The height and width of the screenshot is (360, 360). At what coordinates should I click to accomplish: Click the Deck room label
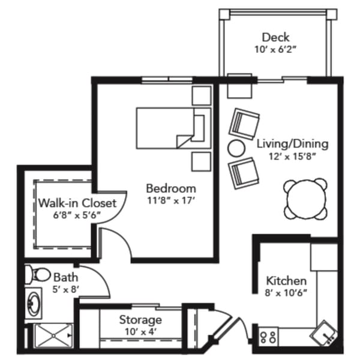click(275, 38)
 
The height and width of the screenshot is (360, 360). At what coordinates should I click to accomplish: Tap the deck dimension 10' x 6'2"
click(275, 50)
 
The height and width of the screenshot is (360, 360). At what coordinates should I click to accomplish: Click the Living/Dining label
click(292, 144)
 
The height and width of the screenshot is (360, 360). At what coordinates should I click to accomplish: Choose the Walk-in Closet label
click(77, 202)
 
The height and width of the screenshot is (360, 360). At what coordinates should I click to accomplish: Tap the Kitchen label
click(287, 281)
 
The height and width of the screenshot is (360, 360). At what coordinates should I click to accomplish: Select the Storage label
click(140, 319)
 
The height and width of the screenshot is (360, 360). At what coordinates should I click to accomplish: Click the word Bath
click(64, 277)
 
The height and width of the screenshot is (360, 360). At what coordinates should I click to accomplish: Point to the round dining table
click(306, 197)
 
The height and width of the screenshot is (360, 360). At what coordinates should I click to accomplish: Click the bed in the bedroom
click(168, 127)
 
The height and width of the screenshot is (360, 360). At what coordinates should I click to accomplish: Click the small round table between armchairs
click(236, 147)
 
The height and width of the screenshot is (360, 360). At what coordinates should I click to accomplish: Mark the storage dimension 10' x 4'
click(140, 331)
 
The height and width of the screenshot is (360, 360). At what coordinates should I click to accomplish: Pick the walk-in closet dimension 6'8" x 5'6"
click(77, 215)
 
